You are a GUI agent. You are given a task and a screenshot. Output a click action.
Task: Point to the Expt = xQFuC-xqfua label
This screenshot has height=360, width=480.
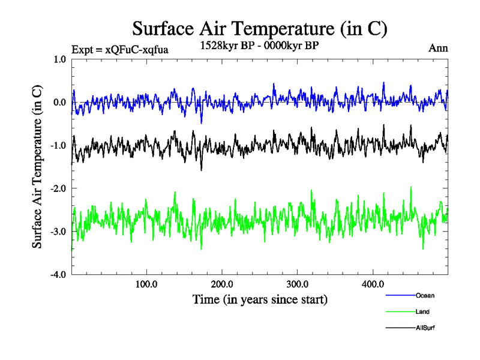(x=119, y=49)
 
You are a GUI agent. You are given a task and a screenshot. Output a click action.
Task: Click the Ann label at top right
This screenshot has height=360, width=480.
(x=438, y=48)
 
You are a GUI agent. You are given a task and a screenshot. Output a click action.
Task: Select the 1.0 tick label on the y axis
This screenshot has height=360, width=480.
(x=60, y=59)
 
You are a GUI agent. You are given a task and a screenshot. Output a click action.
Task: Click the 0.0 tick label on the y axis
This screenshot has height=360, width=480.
(x=60, y=103)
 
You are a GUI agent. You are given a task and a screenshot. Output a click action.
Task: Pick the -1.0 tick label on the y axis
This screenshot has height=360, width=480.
(x=58, y=146)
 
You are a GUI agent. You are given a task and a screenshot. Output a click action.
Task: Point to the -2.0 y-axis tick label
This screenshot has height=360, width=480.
(x=58, y=188)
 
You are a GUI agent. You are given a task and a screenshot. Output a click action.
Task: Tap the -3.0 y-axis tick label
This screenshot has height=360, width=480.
(x=58, y=232)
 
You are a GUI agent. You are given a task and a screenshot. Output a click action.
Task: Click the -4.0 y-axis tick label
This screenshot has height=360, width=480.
(x=58, y=275)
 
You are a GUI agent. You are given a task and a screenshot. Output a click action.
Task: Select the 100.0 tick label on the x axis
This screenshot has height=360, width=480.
(x=146, y=284)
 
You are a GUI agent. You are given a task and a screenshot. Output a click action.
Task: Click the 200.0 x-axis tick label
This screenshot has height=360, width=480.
(x=222, y=284)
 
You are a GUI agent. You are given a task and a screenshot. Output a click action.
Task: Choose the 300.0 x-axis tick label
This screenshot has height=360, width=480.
(x=298, y=284)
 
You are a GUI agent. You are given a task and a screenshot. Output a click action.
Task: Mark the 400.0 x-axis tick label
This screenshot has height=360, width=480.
(x=373, y=284)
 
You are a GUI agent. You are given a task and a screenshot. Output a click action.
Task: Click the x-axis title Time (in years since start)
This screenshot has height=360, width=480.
(x=260, y=299)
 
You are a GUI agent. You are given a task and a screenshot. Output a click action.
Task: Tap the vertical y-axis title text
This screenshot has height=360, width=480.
(x=37, y=167)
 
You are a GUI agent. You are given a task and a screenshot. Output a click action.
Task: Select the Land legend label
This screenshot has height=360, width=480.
(x=422, y=312)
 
